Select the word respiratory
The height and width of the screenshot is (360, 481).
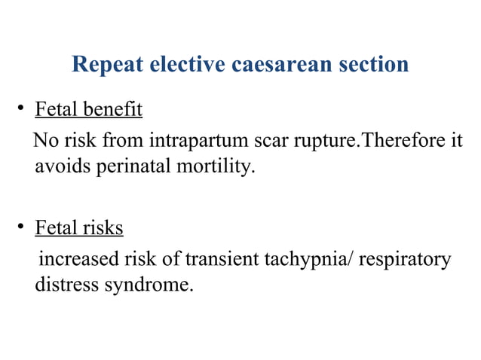tap(405, 260)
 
